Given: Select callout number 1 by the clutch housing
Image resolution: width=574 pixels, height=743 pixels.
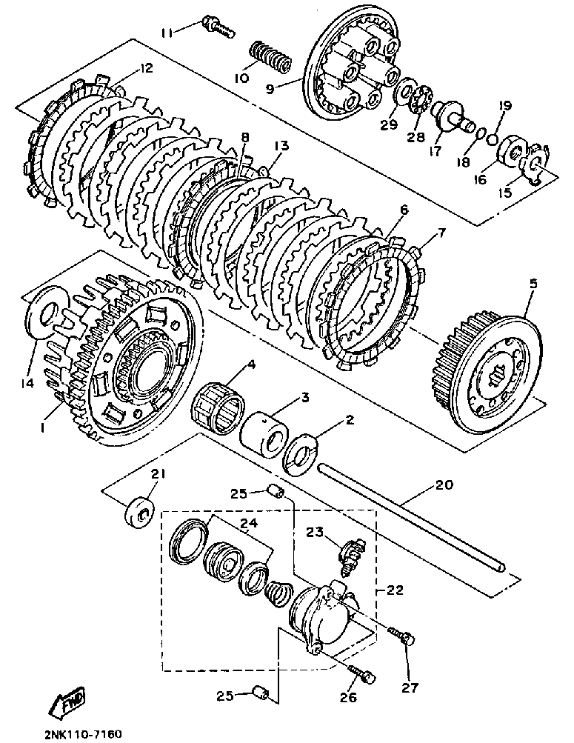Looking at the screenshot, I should tap(46, 427).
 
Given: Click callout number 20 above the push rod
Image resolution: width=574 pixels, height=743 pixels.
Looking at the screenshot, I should tap(444, 486).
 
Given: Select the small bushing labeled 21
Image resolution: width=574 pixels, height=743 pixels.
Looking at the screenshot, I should tap(139, 512).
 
